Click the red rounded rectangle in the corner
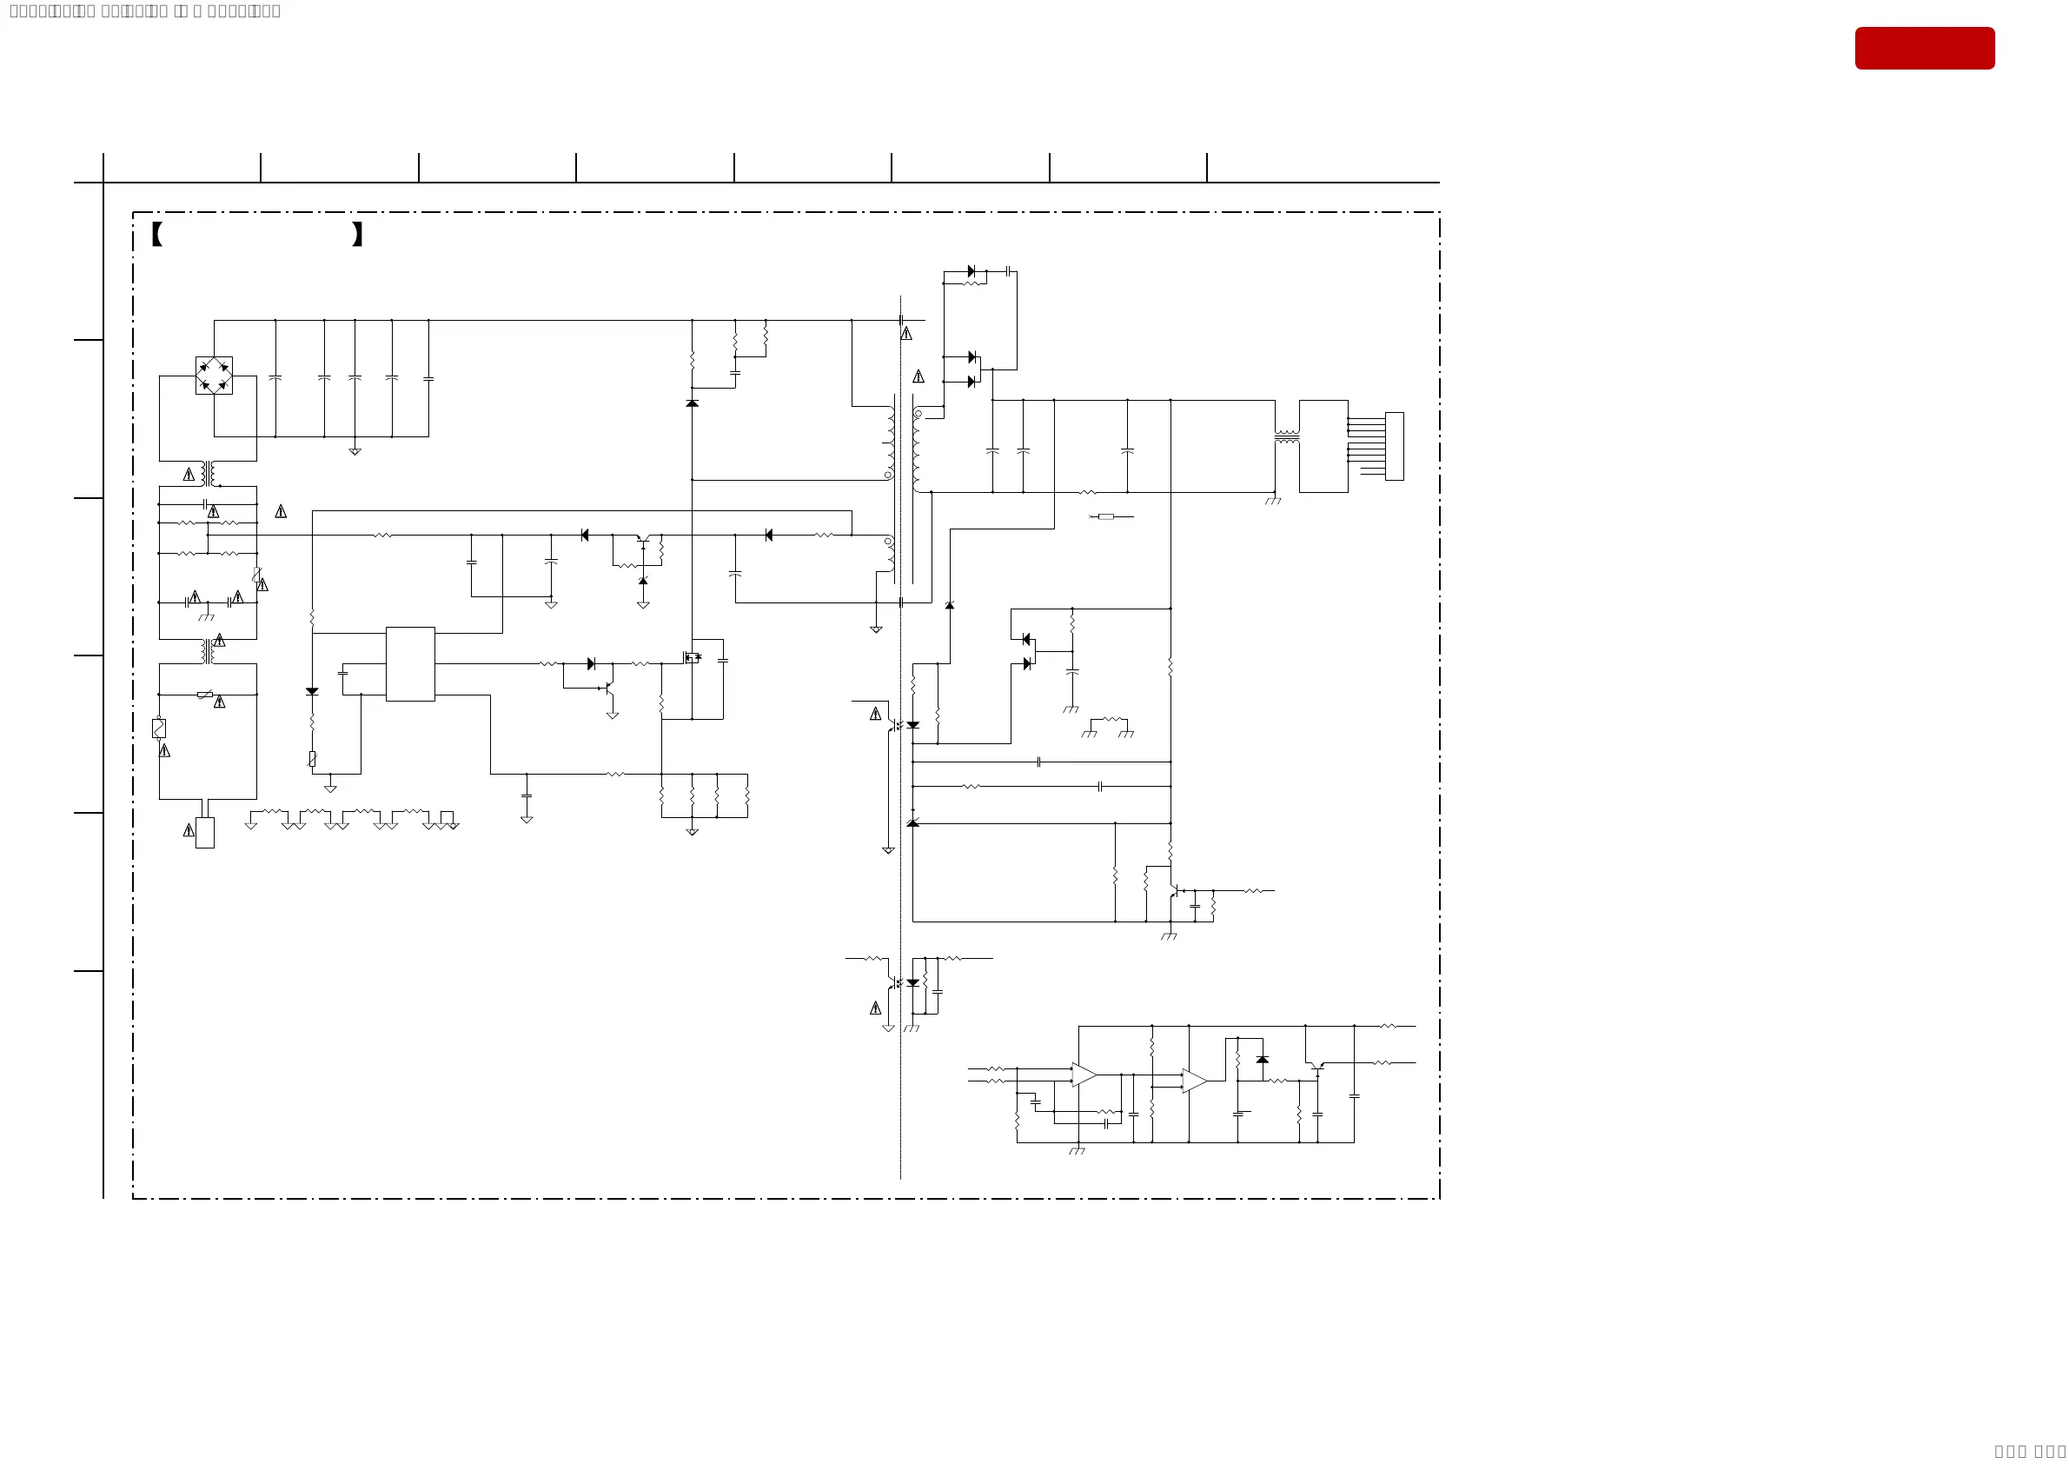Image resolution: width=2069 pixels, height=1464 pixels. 1924,48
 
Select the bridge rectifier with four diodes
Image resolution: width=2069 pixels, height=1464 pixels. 214,375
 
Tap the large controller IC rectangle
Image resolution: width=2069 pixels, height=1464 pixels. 410,663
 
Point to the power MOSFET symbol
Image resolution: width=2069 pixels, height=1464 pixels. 691,657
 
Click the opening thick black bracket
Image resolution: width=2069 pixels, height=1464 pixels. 156,235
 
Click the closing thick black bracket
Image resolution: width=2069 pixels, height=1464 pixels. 358,235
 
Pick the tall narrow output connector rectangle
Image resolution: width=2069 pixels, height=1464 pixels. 1394,446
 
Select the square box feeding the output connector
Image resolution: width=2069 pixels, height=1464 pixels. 1323,446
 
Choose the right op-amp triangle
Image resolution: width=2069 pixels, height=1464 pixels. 1194,1081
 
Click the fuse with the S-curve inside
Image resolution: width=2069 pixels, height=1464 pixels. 159,728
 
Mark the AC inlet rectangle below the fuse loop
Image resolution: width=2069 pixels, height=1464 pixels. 204,832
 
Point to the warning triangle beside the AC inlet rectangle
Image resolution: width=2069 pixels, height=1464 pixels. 189,830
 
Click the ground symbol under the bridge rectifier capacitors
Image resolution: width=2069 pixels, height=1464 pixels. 355,452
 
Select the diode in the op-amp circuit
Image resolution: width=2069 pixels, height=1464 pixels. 1263,1059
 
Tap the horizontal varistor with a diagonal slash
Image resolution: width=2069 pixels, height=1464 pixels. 205,695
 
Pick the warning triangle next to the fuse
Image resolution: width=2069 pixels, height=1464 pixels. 164,750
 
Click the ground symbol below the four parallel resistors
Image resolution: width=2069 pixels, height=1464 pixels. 692,831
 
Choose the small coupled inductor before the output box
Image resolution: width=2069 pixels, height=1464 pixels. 1287,437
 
